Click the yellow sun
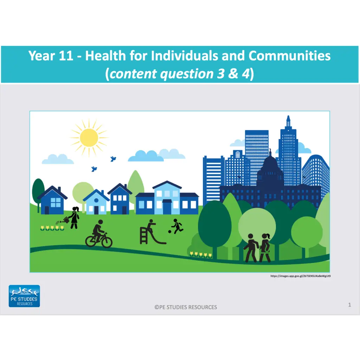[89, 137]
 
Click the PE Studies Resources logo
[24, 296]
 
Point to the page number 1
[349, 305]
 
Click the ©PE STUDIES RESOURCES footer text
[186, 307]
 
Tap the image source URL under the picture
[301, 276]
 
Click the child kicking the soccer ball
[176, 226]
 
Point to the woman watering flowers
[74, 218]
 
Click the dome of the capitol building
[270, 165]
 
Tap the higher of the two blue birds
[113, 159]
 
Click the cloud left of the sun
[58, 160]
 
